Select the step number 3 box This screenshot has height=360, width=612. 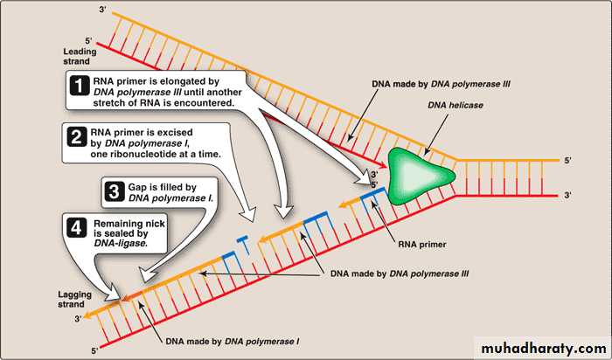point(112,191)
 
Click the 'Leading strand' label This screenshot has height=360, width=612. point(28,56)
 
